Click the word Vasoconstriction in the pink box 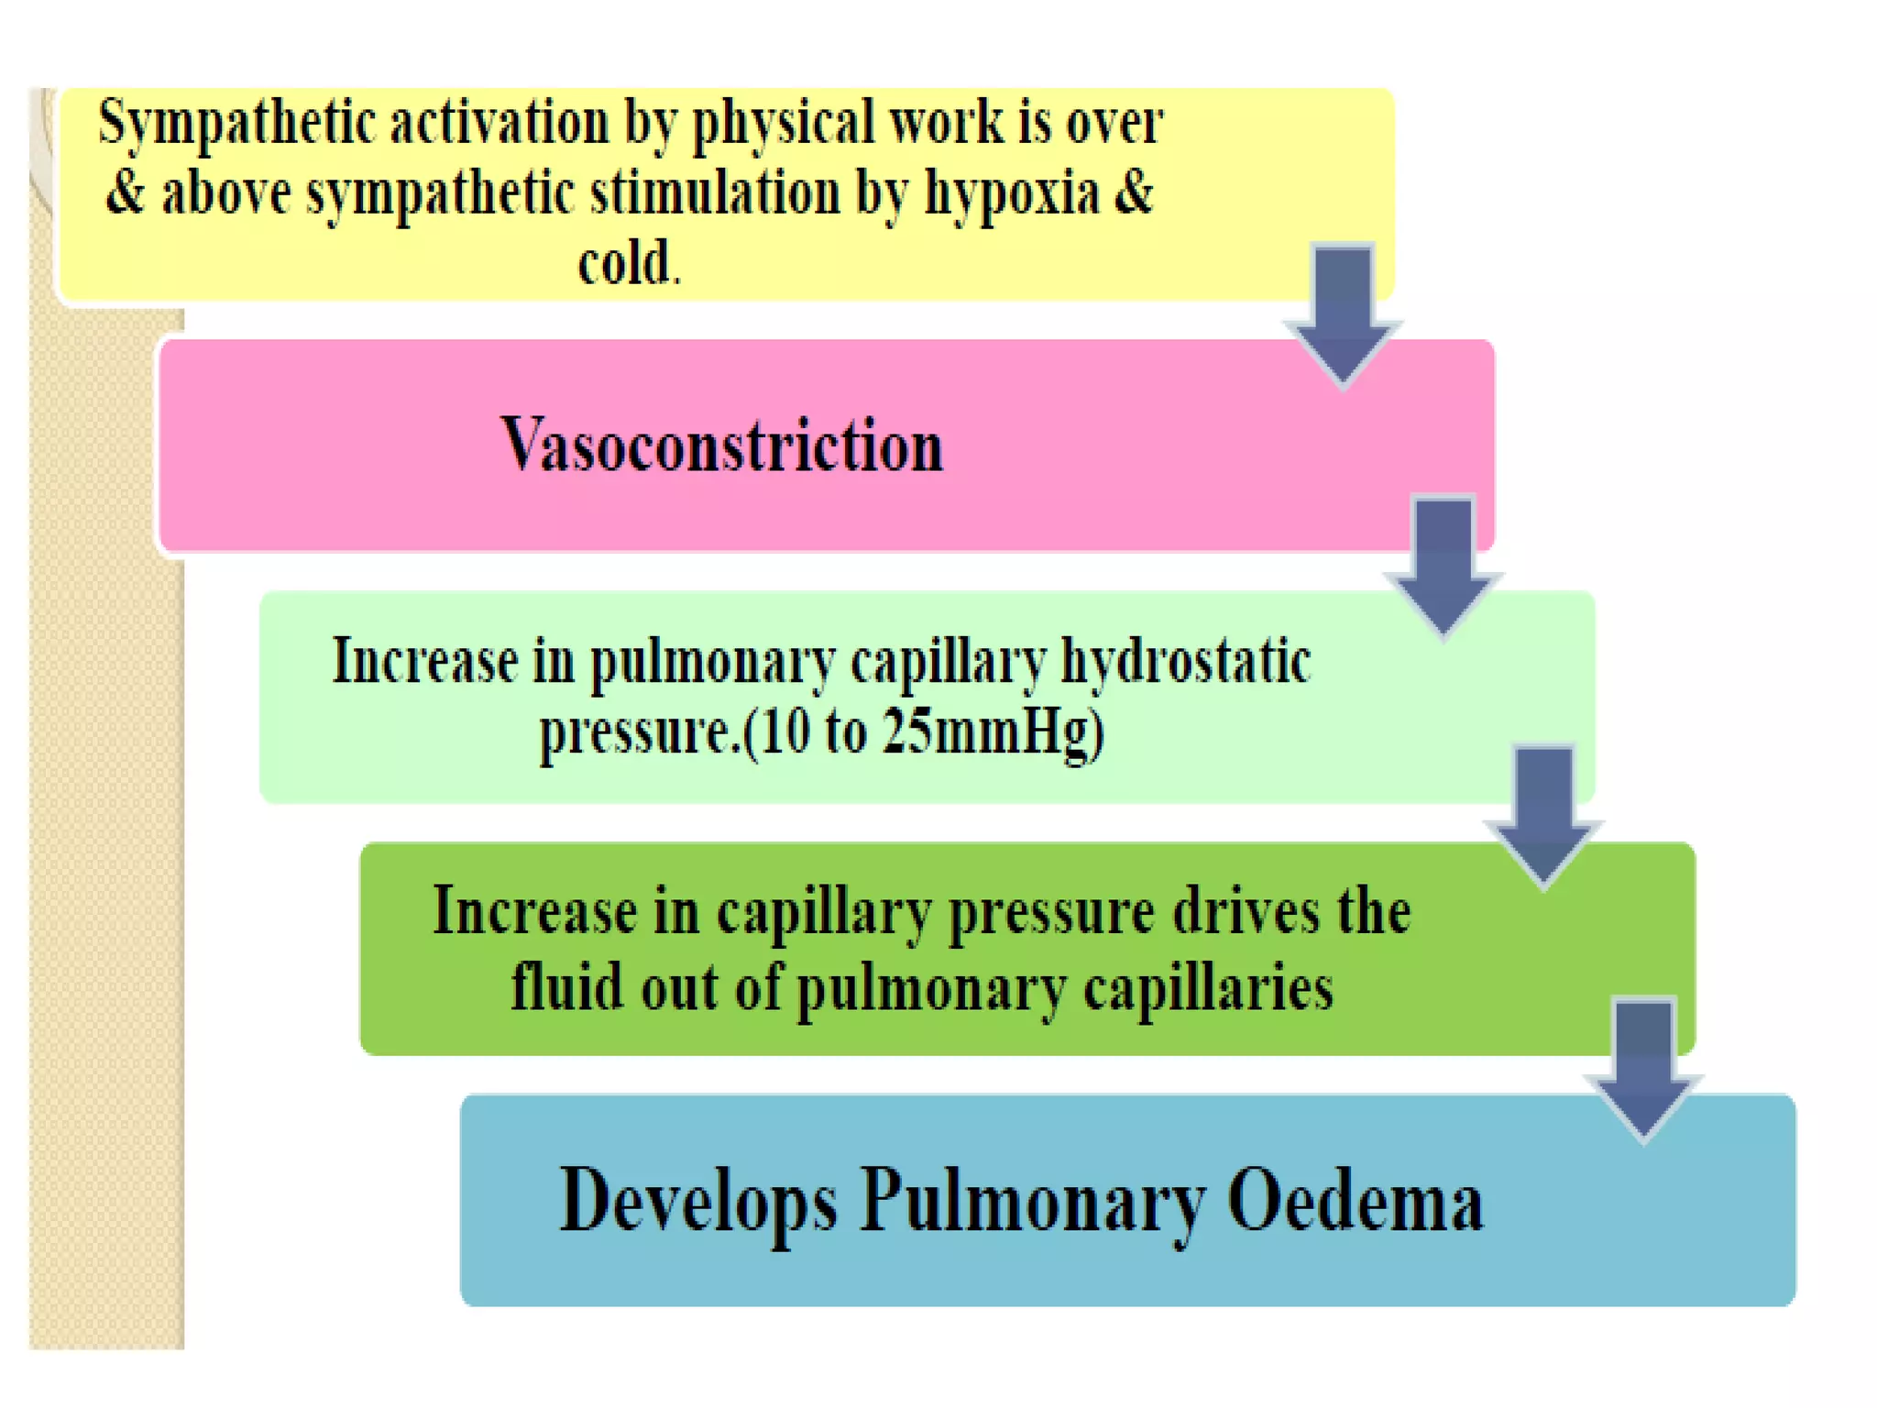click(721, 445)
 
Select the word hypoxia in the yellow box click(1011, 193)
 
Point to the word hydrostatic click(1185, 662)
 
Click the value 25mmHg click(993, 732)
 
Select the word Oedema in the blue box click(1355, 1202)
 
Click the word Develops click(697, 1202)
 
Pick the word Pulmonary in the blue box click(1032, 1202)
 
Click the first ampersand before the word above click(126, 193)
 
